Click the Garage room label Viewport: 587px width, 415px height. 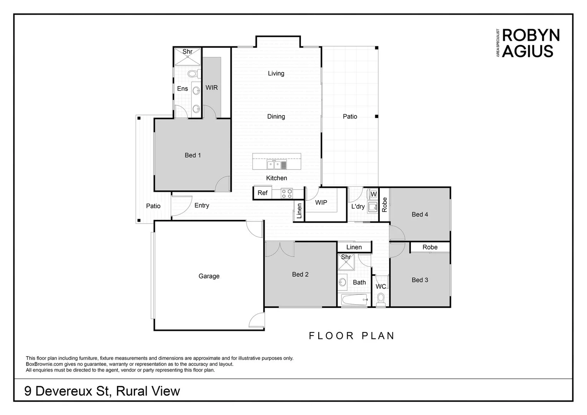(209, 276)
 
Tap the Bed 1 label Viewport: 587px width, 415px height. (193, 155)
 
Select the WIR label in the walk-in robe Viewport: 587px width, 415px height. (211, 88)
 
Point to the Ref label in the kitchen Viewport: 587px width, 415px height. (263, 193)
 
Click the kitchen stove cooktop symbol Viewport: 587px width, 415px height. (286, 193)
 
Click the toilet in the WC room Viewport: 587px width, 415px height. (381, 299)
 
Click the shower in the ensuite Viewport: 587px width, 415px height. (187, 57)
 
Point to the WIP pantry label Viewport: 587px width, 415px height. (321, 202)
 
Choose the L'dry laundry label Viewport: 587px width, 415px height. (358, 206)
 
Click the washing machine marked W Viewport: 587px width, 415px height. (373, 194)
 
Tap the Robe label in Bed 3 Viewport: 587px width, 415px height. (430, 247)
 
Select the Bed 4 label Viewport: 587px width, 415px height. (420, 214)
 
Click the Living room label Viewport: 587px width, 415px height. (276, 73)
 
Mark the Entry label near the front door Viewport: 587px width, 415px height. (201, 206)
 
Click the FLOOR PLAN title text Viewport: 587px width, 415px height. (352, 336)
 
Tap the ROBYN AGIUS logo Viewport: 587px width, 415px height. (530, 43)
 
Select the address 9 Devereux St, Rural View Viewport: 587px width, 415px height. (102, 391)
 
